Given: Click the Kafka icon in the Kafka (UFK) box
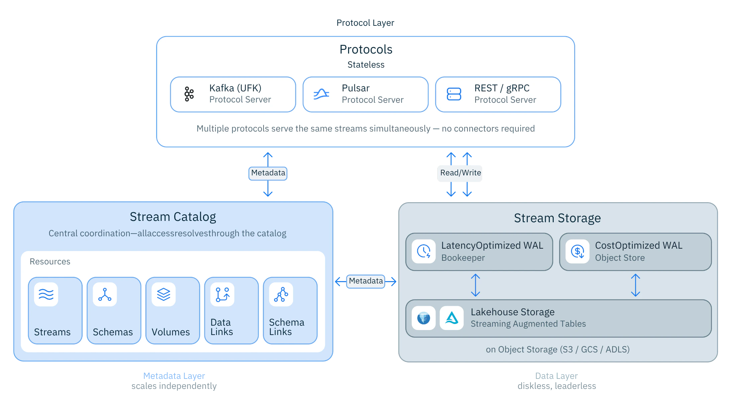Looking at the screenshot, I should click(x=189, y=94).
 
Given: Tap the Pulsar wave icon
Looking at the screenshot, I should click(x=321, y=94).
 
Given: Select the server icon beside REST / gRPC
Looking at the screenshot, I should click(x=454, y=94).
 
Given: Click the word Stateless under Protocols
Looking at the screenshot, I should click(x=366, y=65).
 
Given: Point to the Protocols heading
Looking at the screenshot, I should click(x=366, y=50).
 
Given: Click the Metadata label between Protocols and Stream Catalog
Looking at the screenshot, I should click(x=268, y=173).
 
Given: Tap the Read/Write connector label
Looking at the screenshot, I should click(x=460, y=173).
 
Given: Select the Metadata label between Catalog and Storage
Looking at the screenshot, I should click(x=366, y=281).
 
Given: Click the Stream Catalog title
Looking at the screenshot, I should click(x=173, y=217).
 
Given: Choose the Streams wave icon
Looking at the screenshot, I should click(x=46, y=295).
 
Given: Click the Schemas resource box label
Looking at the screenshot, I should click(x=113, y=332).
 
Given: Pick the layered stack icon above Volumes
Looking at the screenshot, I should click(x=164, y=295).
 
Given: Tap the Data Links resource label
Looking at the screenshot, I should click(x=221, y=327).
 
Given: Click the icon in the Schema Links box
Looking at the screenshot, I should click(x=281, y=295).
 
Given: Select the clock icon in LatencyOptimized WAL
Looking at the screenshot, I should click(x=424, y=251).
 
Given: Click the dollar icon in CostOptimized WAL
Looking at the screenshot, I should click(x=578, y=251).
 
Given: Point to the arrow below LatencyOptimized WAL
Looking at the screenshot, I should click(x=475, y=285).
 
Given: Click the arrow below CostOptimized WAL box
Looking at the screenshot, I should click(x=635, y=285).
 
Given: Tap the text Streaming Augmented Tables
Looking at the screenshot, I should click(x=528, y=324).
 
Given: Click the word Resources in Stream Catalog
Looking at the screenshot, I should click(x=50, y=261).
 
